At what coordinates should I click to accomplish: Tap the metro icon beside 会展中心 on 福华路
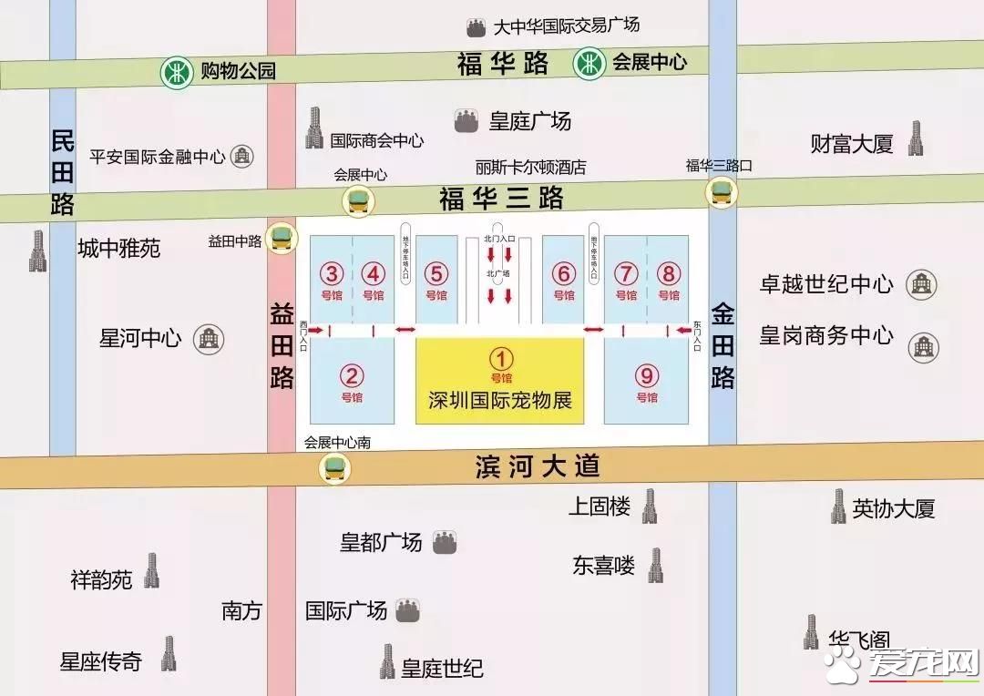coord(589,64)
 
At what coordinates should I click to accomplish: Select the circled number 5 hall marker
coord(436,274)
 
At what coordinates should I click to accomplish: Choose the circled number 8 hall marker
coord(669,274)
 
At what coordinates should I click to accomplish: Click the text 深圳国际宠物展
coord(500,400)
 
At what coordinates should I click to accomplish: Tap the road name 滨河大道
coord(538,467)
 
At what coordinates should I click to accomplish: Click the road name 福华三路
coord(501,199)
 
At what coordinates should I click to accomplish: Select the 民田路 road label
coord(62,172)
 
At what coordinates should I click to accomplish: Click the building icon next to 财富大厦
coord(916,138)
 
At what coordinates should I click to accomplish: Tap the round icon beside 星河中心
coord(209,339)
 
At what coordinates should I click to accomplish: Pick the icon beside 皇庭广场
coord(466,119)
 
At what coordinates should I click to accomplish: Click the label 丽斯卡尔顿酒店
coord(530,168)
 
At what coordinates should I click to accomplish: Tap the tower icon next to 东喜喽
coord(655,565)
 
